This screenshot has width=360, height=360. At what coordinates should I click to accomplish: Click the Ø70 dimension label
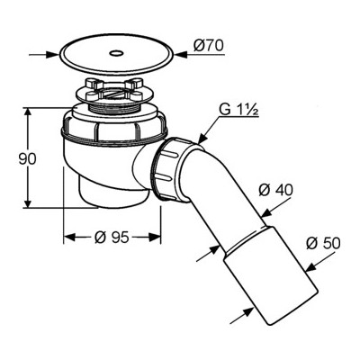(x=209, y=46)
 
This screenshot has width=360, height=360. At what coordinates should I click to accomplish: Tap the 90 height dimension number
(x=27, y=159)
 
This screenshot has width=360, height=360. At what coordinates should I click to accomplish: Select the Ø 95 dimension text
(x=112, y=238)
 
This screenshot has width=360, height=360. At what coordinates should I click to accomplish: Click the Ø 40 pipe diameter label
(x=275, y=190)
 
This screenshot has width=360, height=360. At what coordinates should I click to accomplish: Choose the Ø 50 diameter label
(x=323, y=243)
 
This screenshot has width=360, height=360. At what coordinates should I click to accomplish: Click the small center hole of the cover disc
(x=116, y=54)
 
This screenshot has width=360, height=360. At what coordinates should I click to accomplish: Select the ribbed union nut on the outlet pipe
(x=170, y=169)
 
